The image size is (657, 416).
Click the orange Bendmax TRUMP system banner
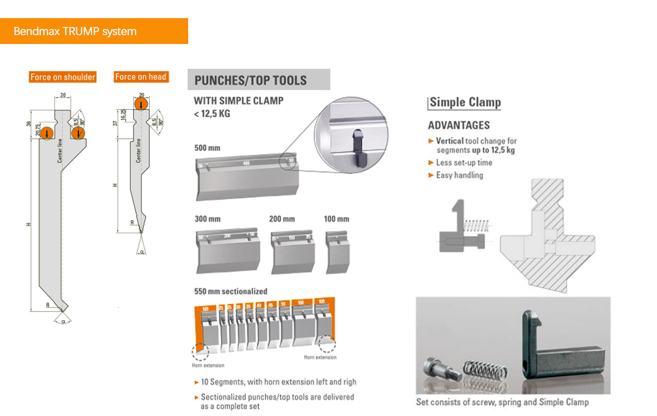tap(94, 31)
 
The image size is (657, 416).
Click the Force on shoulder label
tap(63, 77)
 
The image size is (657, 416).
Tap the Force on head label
tap(141, 77)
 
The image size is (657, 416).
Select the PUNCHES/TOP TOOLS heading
tap(251, 80)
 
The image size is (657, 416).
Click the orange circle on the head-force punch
tap(141, 104)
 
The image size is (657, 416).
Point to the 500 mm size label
tap(207, 147)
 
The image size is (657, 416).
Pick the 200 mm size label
tap(282, 219)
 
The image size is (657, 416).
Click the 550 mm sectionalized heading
tap(231, 291)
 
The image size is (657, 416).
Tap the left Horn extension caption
tap(208, 365)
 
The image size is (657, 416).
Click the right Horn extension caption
tap(319, 357)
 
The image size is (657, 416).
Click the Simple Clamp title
tap(465, 102)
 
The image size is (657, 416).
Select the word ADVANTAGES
tap(459, 125)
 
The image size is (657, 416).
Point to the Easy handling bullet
tap(459, 175)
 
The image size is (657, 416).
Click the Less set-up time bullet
tap(464, 162)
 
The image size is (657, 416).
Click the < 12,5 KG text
tap(212, 113)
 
